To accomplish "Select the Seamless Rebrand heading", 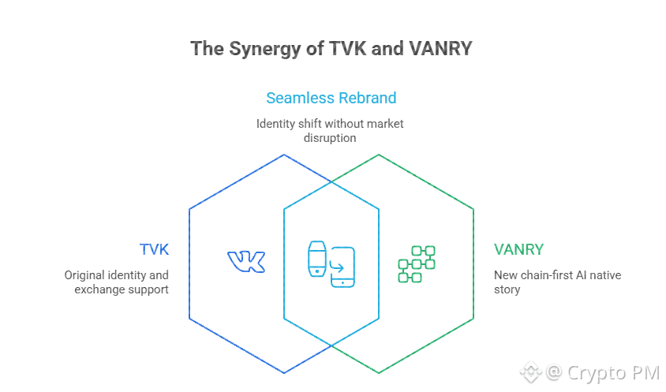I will coord(331,98).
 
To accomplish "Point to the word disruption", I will coord(330,137).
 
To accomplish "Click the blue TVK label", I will coord(154,250).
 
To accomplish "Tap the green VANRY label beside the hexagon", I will coord(518,250).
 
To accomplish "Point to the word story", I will coord(507,289).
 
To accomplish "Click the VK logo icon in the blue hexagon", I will coord(246,262).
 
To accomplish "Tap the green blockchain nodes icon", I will coord(417,264).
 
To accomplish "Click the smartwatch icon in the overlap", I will coord(316,257).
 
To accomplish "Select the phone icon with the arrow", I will coord(342,267).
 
